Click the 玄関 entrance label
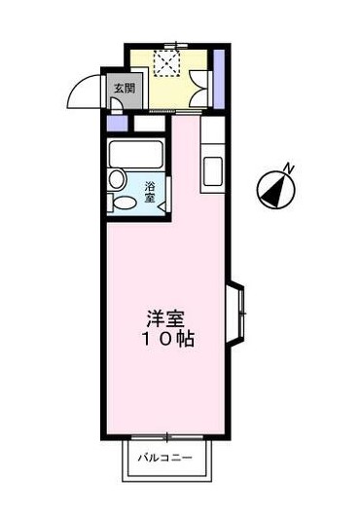coord(125,89)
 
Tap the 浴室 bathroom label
coord(150,192)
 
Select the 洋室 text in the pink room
coord(165,318)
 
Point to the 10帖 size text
coord(168,338)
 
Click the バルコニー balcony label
coord(164,458)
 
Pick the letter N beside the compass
coord(289,168)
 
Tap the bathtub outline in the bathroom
coord(136,154)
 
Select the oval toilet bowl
coord(125,203)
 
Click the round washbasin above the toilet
coord(116,180)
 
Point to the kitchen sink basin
coord(213,171)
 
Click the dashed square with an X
coord(166,63)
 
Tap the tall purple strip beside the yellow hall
coord(219,79)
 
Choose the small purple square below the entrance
coord(117,124)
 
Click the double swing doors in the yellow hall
coord(199,89)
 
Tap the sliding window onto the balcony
coord(167,437)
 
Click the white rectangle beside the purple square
coord(149,124)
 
